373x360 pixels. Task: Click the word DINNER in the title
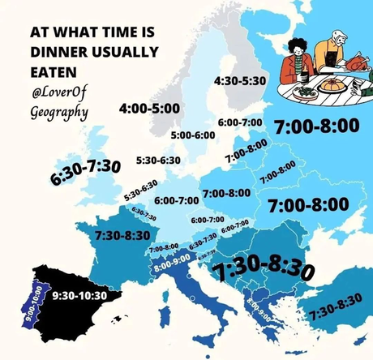click(58, 51)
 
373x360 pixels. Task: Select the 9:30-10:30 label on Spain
click(79, 295)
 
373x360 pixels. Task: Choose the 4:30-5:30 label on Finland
click(240, 82)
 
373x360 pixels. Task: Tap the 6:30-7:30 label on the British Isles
click(85, 171)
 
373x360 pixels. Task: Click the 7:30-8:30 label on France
click(122, 235)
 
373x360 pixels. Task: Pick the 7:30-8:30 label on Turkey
click(335, 306)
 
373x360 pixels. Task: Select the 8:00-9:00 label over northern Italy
click(171, 260)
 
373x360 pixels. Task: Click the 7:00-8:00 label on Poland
click(226, 193)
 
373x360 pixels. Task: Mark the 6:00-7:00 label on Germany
click(176, 199)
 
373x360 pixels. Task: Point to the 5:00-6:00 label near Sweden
click(194, 135)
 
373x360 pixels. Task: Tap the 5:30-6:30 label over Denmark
click(158, 161)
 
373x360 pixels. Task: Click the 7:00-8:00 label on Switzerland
click(163, 246)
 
